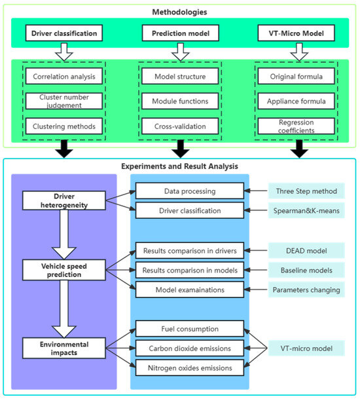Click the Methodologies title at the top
point(180,10)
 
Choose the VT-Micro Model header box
point(298,32)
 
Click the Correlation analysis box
point(64,77)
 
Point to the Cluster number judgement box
point(64,102)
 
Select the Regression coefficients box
point(298,126)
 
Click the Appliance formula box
point(298,102)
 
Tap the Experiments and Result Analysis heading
point(180,166)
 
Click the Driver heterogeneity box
point(58,200)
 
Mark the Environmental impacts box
point(58,347)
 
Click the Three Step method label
point(306,191)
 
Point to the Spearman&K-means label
point(306,211)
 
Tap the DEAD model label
point(306,250)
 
